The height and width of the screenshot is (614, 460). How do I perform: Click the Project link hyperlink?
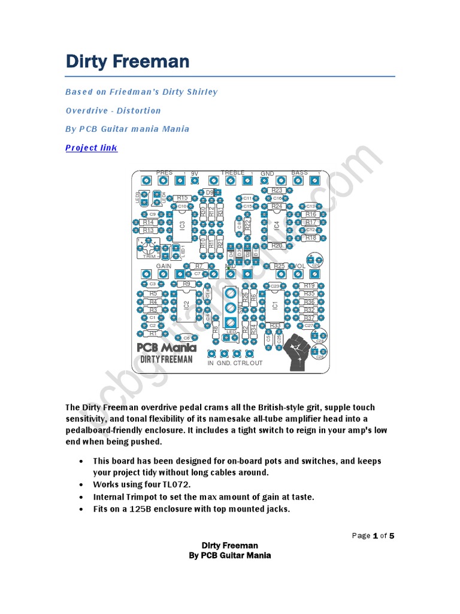pos(91,148)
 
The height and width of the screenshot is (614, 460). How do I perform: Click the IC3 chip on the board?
pos(183,225)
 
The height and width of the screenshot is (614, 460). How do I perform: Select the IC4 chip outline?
pos(276,225)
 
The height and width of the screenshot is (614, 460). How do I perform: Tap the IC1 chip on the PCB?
pos(274,305)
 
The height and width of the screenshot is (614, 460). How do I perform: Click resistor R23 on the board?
pos(277,190)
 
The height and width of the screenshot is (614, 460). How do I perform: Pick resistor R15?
pos(182,198)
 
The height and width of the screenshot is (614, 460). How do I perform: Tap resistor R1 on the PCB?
pos(153,333)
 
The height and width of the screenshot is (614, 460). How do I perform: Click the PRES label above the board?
pos(164,173)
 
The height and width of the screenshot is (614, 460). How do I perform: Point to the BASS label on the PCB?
pos(299,173)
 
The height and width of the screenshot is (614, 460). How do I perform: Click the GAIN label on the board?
pos(164,266)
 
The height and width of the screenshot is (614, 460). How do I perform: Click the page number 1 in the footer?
pos(375,535)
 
